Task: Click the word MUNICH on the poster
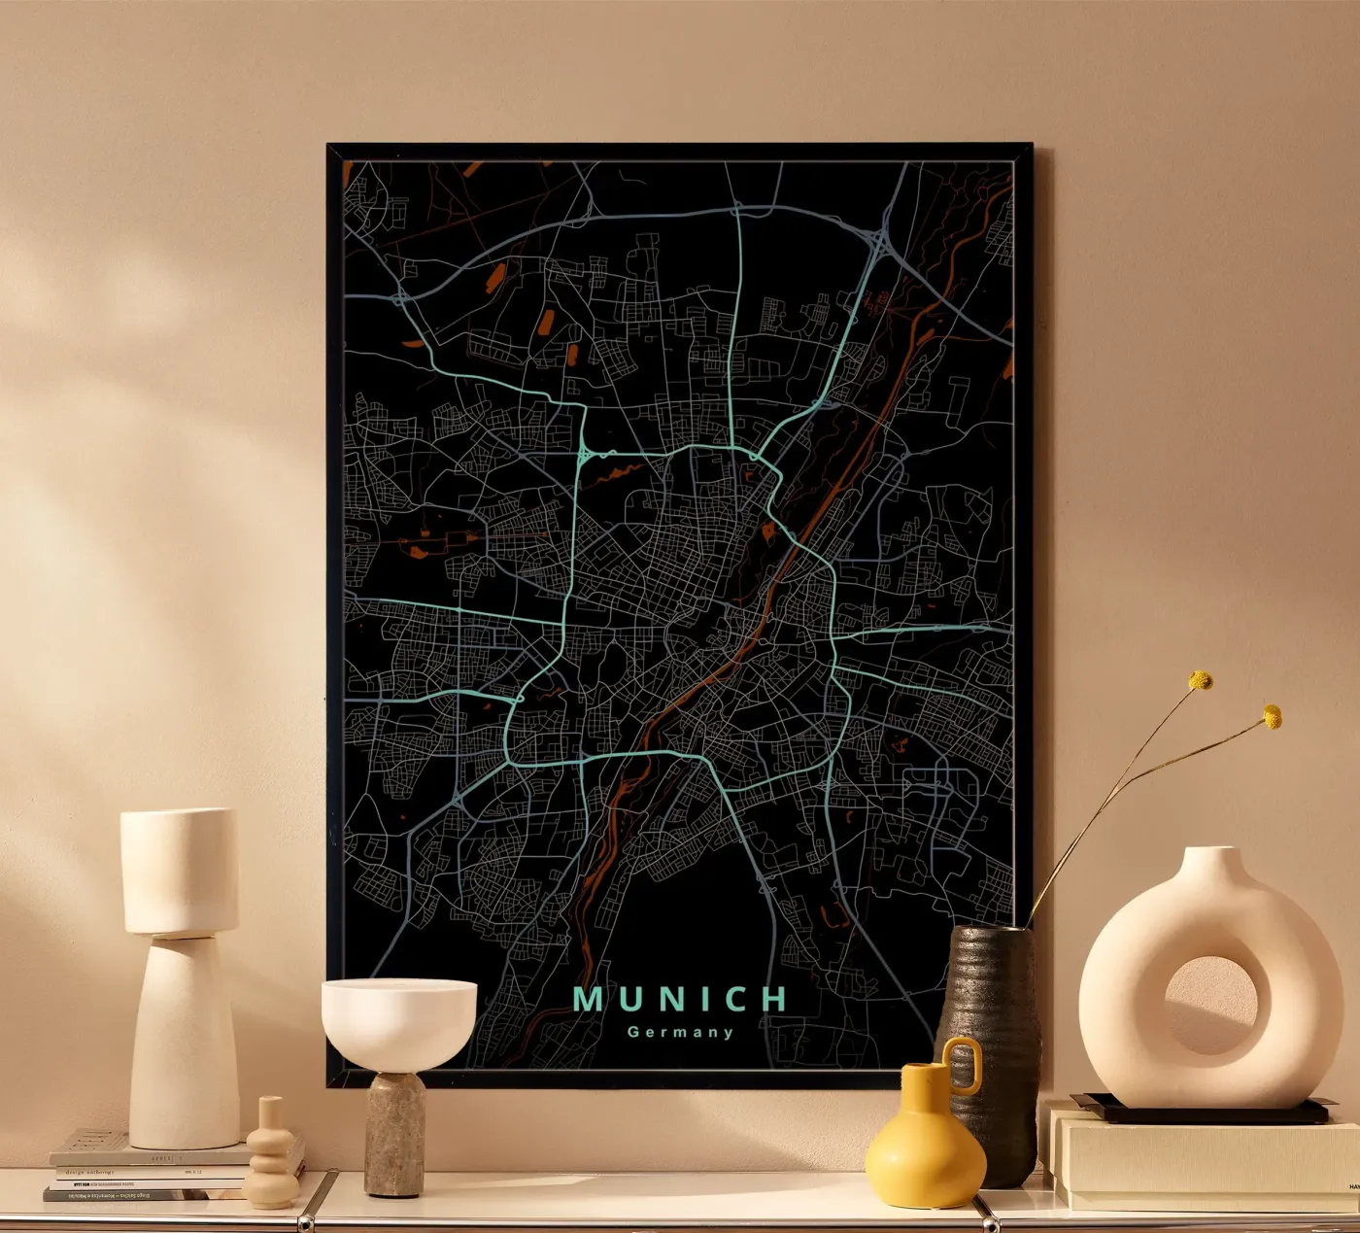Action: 680,999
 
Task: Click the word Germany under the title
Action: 680,1032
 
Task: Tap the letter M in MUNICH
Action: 587,999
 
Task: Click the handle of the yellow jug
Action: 965,1064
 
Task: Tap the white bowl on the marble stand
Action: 398,1020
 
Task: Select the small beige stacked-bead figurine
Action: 271,1156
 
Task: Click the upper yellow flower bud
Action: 1202,680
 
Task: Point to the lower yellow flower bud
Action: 1272,717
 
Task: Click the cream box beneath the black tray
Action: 1205,1161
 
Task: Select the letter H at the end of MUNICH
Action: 774,999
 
